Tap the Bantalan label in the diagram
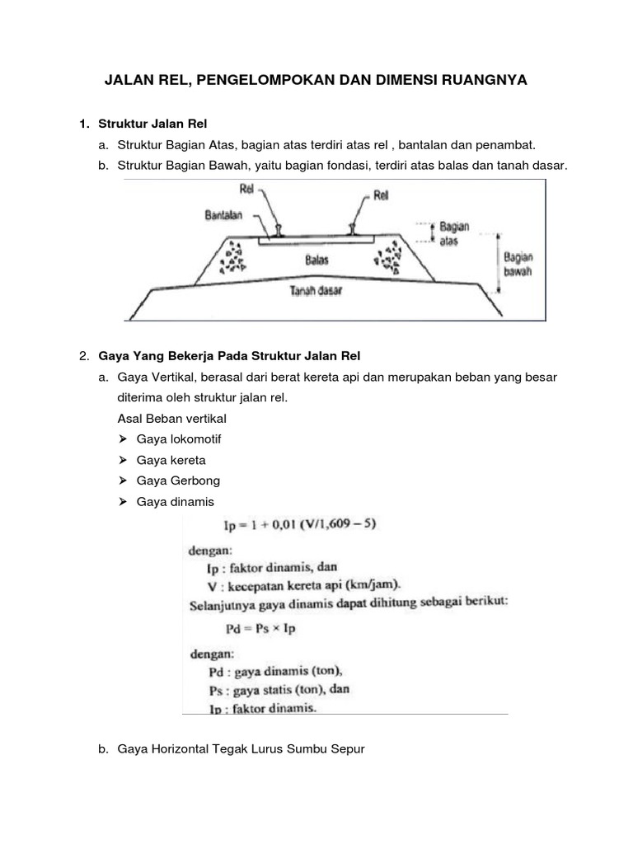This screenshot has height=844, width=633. (224, 215)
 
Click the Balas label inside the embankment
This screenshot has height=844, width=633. (317, 260)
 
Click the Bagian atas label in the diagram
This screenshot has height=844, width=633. (454, 232)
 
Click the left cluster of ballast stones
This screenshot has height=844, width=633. (233, 258)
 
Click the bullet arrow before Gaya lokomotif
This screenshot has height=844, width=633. (123, 439)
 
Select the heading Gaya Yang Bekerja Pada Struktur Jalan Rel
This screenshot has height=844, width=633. (229, 356)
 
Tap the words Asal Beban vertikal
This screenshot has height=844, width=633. (171, 419)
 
